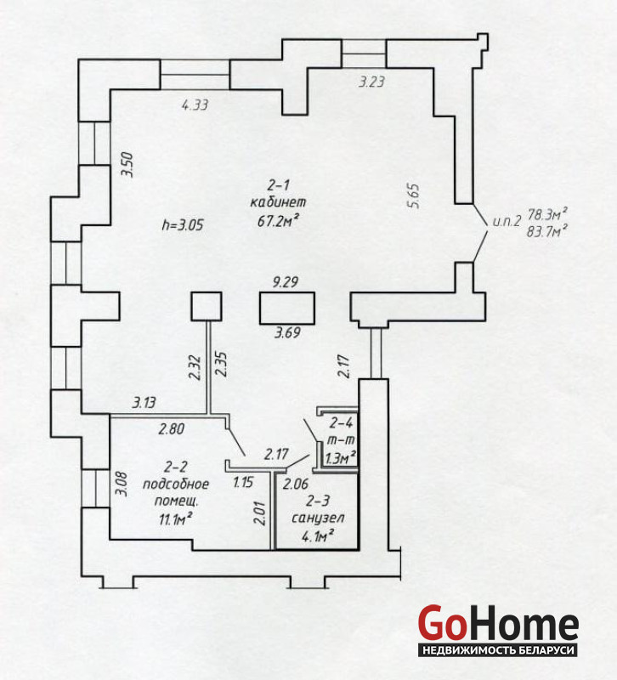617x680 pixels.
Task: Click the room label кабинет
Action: pyautogui.click(x=278, y=202)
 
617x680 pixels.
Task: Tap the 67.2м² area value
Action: pyautogui.click(x=278, y=220)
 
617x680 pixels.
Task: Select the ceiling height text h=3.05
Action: pyautogui.click(x=183, y=225)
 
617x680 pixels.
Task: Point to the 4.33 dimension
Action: pyautogui.click(x=195, y=105)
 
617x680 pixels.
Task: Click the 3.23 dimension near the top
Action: pyautogui.click(x=371, y=82)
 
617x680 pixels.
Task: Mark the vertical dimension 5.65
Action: pyautogui.click(x=414, y=196)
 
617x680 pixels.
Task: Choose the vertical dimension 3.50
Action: pyautogui.click(x=127, y=164)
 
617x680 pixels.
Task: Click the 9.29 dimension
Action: pyautogui.click(x=286, y=282)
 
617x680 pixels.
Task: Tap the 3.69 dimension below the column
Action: pyautogui.click(x=287, y=332)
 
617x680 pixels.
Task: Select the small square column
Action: pyautogui.click(x=207, y=306)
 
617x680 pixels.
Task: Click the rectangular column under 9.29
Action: pyautogui.click(x=287, y=308)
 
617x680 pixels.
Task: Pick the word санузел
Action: pyautogui.click(x=318, y=518)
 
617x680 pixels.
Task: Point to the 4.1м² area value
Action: pyautogui.click(x=317, y=536)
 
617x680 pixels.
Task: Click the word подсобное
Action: pyautogui.click(x=176, y=484)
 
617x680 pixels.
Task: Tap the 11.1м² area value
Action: pyautogui.click(x=176, y=518)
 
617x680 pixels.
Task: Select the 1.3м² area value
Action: pyautogui.click(x=341, y=457)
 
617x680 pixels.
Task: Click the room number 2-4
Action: pyautogui.click(x=342, y=422)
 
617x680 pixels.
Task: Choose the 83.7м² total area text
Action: pyautogui.click(x=547, y=230)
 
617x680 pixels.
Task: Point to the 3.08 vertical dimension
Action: pyautogui.click(x=121, y=484)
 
